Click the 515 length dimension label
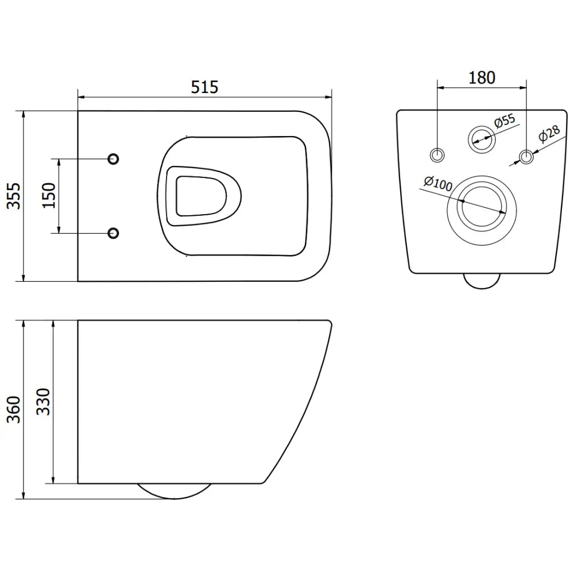click(x=204, y=87)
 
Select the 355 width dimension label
click(x=13, y=196)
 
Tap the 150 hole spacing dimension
click(x=49, y=196)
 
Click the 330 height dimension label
click(x=44, y=402)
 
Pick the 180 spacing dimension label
click(x=482, y=77)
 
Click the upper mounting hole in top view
click(x=114, y=158)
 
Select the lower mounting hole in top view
click(x=114, y=232)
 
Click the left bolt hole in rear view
click(x=437, y=155)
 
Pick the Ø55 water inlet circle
click(x=481, y=138)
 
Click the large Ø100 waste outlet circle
click(x=482, y=207)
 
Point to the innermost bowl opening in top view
click(x=198, y=196)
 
